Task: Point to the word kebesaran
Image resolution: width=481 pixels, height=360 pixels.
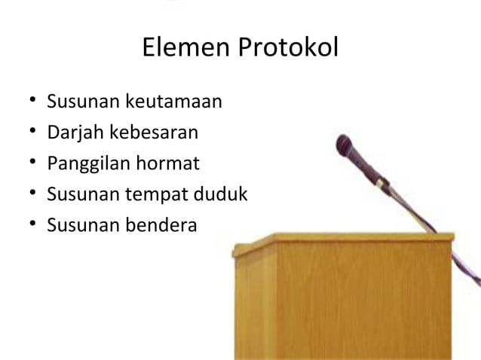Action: tap(155, 133)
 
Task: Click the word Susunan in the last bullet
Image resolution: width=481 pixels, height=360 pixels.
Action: tap(79, 224)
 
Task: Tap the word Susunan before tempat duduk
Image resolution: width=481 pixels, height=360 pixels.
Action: tap(79, 194)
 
